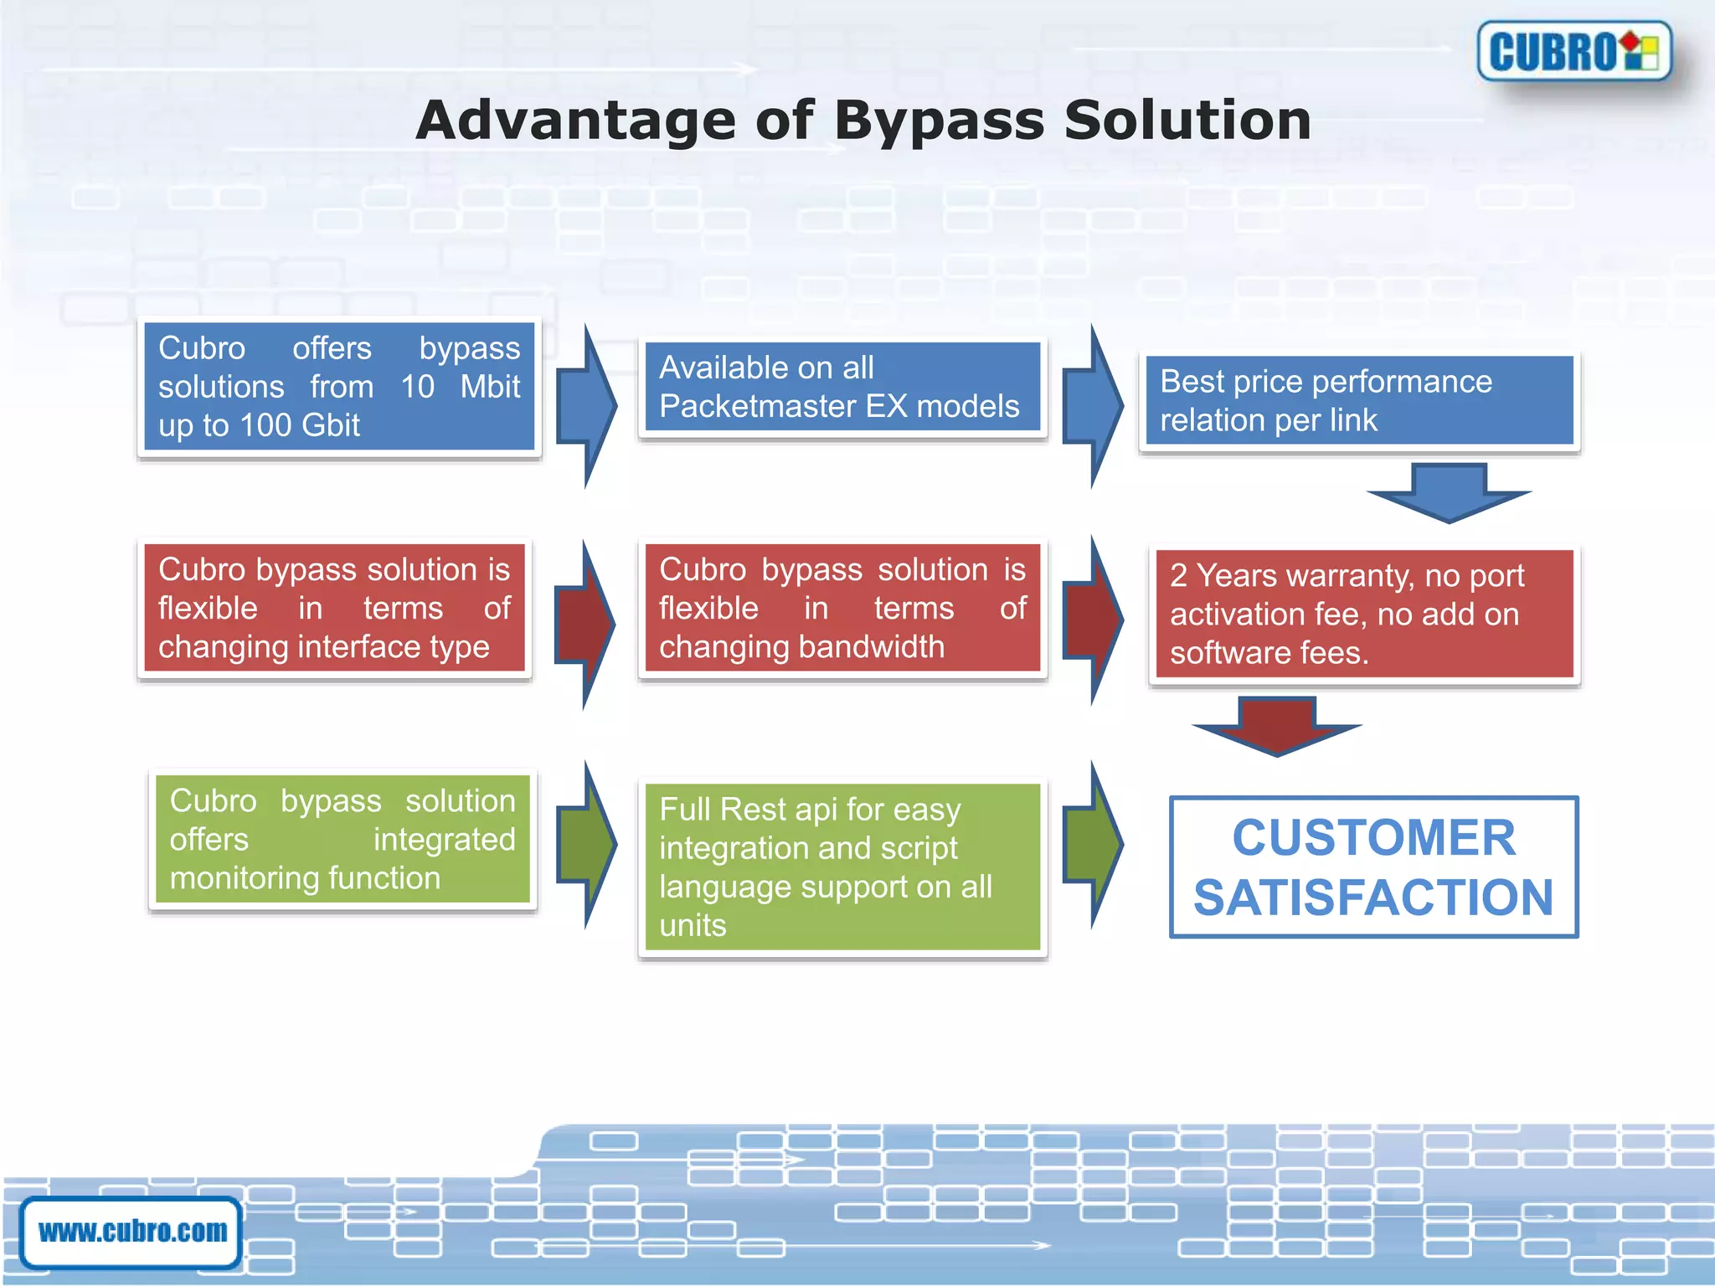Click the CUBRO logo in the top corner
pos(1574,52)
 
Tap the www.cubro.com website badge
pos(132,1232)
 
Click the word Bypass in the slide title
pos(939,120)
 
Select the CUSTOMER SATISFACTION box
pos(1373,867)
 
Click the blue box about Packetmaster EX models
pos(842,387)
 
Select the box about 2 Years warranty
pos(1364,614)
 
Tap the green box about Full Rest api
pos(842,867)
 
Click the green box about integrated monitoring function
pos(342,839)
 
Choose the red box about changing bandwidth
pos(842,608)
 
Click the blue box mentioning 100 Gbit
pos(339,387)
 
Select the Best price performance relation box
pos(1359,400)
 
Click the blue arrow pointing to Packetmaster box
pos(587,407)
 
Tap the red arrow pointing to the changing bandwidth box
pos(586,625)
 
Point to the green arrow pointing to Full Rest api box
pos(587,844)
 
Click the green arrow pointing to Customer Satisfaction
pos(1093,844)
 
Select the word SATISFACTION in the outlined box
pos(1373,898)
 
